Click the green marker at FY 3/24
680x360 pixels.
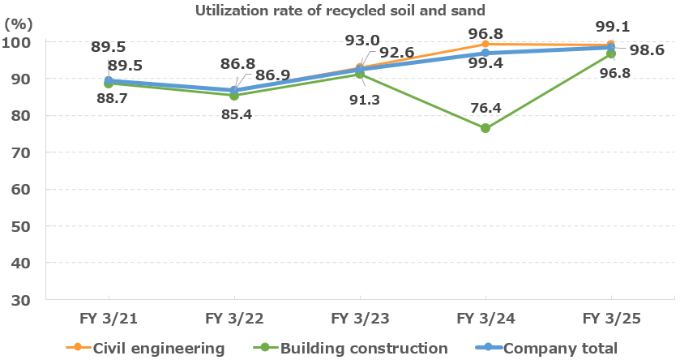485,128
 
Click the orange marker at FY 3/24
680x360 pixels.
485,44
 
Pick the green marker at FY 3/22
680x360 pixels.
233,95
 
